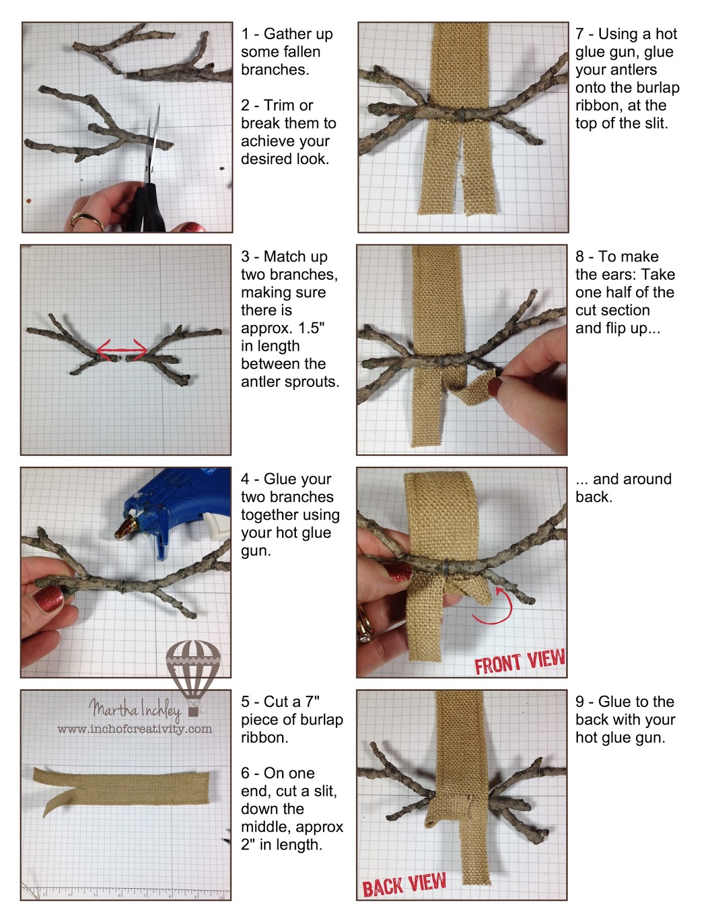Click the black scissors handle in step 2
pos(146,208)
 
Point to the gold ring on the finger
pos(86,220)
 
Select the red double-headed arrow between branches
pos(121,349)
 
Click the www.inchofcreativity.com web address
pos(135,729)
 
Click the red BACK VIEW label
pos(404,885)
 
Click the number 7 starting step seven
pos(580,34)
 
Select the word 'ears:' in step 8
pos(625,275)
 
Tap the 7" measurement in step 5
pos(313,702)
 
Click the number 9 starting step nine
pos(580,702)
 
